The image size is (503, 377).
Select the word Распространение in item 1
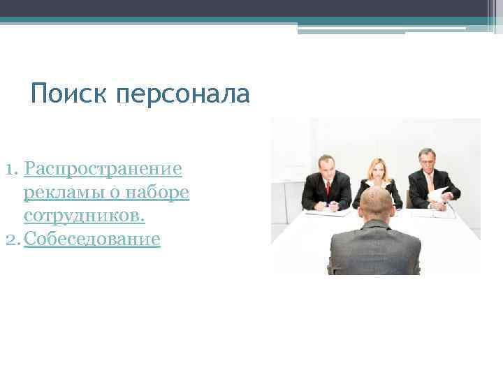103,169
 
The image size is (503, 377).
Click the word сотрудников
84,216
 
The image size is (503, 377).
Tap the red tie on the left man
328,186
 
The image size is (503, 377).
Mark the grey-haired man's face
427,160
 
